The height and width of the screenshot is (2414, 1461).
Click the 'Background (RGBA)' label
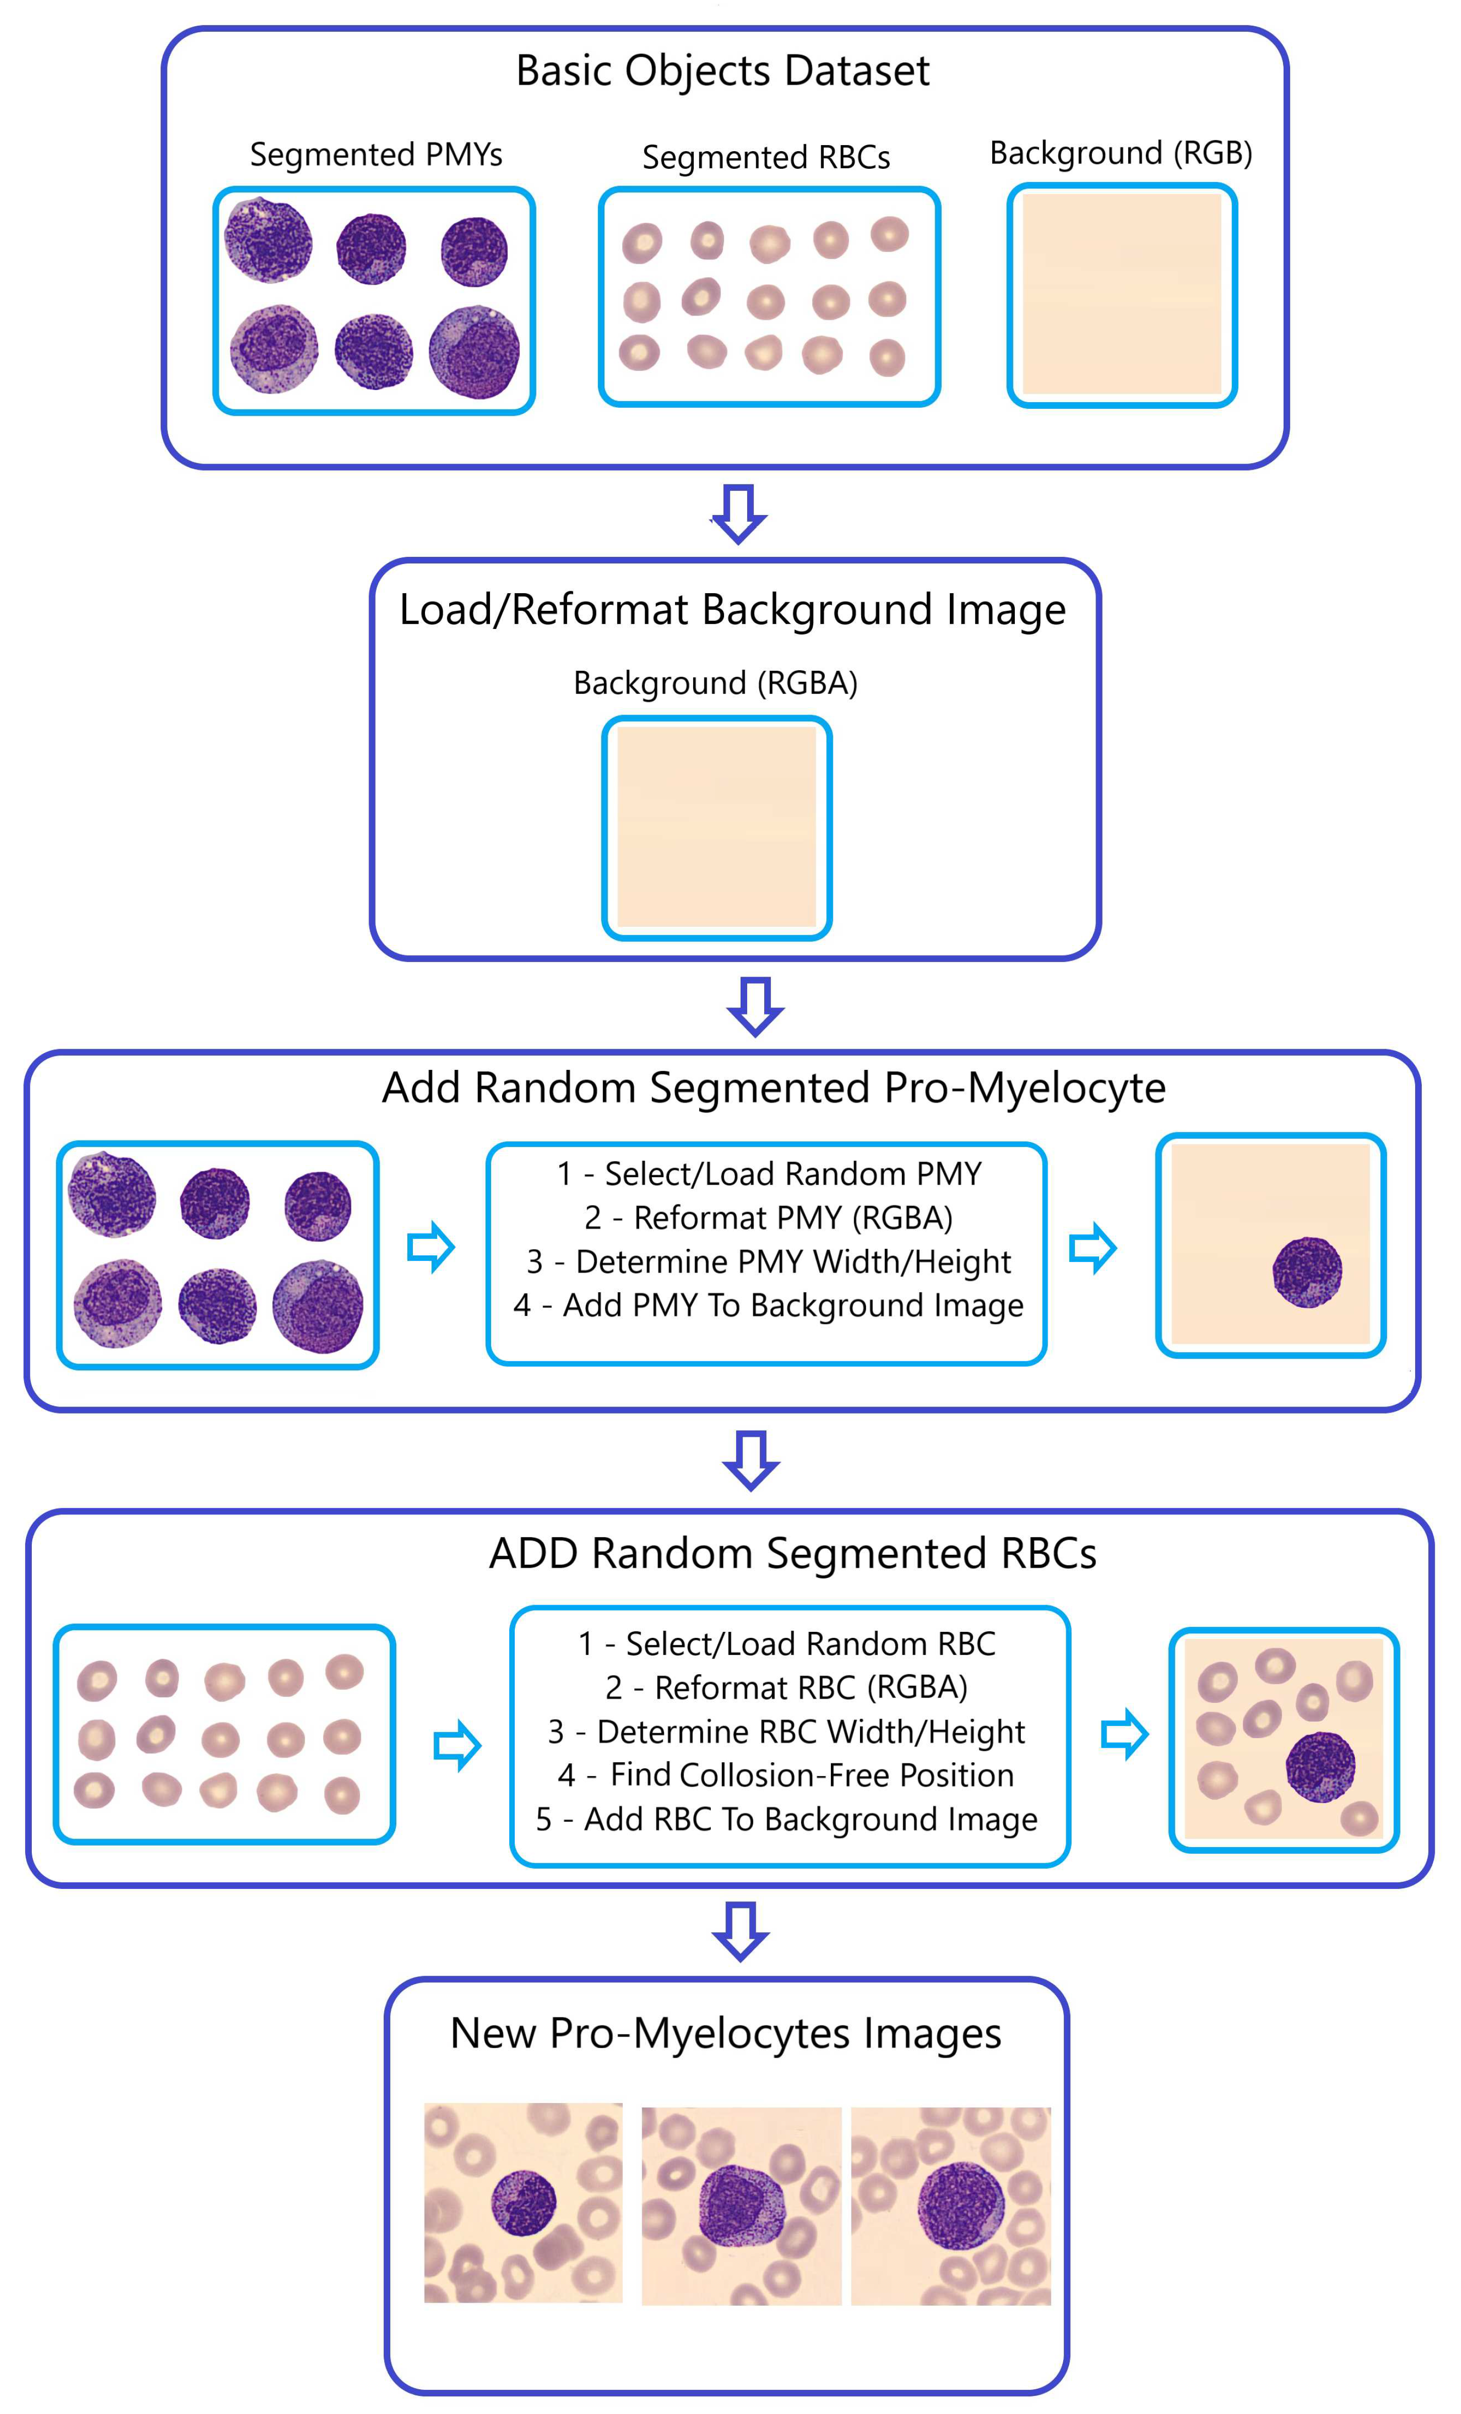[715, 683]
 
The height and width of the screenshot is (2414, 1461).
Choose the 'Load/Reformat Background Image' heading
[732, 610]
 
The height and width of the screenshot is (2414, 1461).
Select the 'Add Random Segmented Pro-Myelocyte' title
[773, 1089]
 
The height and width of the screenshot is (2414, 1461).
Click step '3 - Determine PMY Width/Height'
[768, 1262]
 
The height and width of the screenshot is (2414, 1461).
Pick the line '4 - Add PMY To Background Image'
[768, 1306]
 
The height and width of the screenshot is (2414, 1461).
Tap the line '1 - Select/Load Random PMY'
[768, 1174]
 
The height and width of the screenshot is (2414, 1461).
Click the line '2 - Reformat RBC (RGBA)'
[786, 1687]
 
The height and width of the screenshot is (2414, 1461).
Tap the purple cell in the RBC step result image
[1320, 1766]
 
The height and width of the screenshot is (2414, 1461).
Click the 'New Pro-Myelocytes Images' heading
[725, 2034]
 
